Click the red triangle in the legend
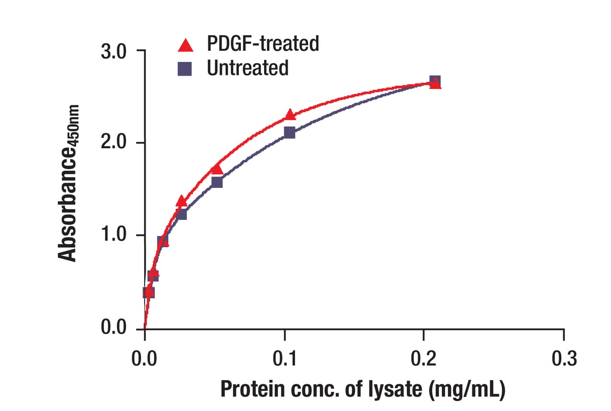185,45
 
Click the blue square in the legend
185,68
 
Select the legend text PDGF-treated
263,43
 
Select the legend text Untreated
247,68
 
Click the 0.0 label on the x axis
144,358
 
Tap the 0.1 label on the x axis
284,358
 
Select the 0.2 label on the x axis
424,358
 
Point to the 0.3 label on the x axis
563,358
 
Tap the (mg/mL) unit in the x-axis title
467,390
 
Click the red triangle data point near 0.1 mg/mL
290,115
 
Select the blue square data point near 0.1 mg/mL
290,132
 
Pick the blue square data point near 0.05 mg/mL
217,182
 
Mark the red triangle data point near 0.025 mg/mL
182,201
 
